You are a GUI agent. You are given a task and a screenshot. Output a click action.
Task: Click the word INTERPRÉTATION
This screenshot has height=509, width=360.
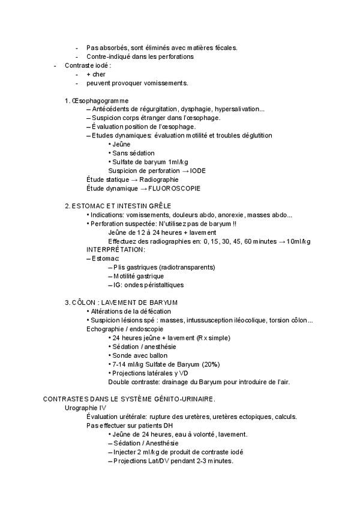tap(115, 249)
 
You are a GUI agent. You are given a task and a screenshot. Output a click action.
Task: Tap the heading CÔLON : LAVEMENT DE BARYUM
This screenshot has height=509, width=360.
tap(125, 302)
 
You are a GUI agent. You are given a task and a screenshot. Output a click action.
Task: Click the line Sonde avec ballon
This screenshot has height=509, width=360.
tap(136, 355)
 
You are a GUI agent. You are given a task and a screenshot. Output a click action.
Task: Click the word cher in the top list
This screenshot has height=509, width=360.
tap(99, 74)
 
